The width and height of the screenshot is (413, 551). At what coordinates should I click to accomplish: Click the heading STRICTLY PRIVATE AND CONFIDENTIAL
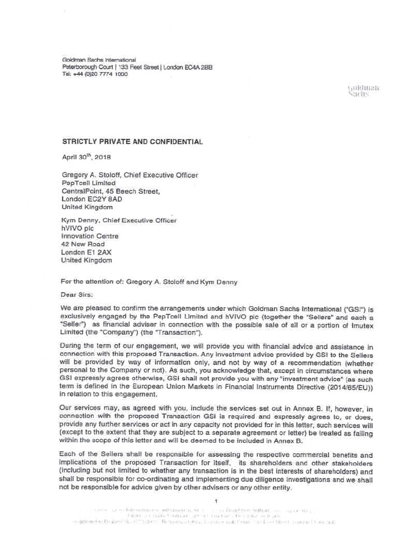[x=133, y=142]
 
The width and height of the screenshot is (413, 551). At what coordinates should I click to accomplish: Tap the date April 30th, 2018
[x=86, y=158]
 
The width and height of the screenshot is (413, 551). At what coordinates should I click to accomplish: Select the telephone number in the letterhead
[x=95, y=74]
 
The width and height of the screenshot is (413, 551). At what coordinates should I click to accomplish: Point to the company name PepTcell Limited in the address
[x=89, y=183]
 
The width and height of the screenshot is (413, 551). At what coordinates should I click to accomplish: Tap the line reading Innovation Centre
[x=90, y=236]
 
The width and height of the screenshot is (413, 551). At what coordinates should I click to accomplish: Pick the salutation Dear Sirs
[x=77, y=295]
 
